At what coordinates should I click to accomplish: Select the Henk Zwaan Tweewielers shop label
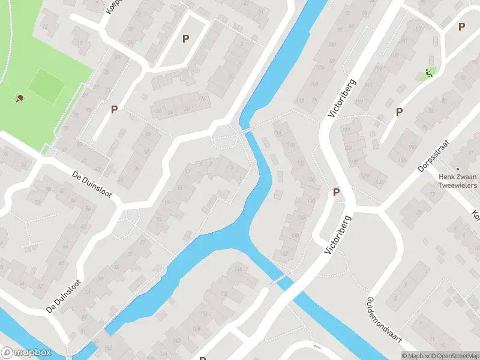click(457, 181)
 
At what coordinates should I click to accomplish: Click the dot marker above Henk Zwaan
click(457, 169)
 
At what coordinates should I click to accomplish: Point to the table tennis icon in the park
click(20, 98)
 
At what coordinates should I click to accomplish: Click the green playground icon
click(428, 74)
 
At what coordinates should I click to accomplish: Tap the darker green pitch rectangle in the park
click(46, 85)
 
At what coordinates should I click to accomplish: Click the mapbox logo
click(26, 353)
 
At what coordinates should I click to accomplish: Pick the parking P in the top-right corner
click(461, 26)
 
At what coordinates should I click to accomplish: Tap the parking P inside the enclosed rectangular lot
click(185, 38)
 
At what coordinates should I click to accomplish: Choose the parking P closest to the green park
click(113, 109)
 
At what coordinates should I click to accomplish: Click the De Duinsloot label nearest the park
click(92, 186)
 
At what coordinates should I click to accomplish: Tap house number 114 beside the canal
click(277, 133)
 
